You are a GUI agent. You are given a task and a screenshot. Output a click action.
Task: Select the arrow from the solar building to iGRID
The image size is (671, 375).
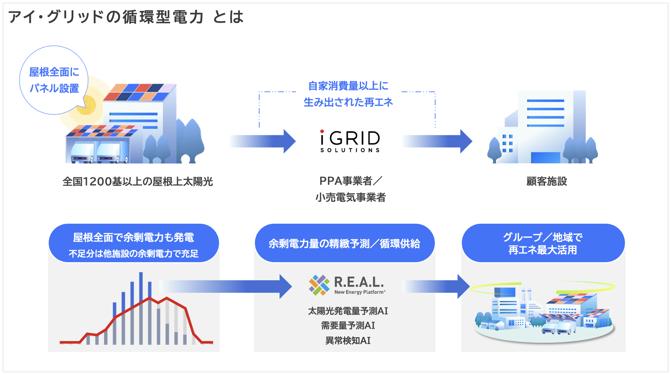[263, 141]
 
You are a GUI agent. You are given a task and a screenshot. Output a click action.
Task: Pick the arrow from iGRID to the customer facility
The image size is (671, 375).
[437, 141]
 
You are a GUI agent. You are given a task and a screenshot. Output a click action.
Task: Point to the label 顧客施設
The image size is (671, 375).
[547, 181]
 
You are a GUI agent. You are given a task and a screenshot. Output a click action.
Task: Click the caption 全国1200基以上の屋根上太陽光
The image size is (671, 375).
[138, 182]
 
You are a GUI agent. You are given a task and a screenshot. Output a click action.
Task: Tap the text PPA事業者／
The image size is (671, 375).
[351, 181]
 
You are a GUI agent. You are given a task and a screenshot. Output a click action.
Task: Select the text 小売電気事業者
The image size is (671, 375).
[351, 197]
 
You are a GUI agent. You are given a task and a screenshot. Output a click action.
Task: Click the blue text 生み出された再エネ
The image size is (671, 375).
[348, 102]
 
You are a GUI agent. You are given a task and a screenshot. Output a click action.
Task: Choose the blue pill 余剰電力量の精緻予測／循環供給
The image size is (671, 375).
[345, 243]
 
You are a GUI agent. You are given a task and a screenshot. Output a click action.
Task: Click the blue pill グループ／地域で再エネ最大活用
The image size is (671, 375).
[543, 243]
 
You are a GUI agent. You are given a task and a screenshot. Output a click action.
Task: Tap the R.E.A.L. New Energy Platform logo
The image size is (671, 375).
[347, 285]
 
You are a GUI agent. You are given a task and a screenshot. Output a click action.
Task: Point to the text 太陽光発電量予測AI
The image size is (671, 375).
[348, 311]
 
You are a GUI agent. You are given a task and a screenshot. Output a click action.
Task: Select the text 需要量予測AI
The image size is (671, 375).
[348, 326]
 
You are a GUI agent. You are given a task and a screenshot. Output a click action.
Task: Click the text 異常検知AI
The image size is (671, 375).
[348, 340]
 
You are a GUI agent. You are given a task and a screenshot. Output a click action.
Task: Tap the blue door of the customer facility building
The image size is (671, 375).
[545, 157]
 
